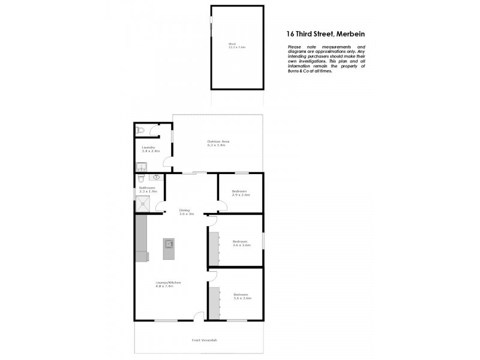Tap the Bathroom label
coord(148,189)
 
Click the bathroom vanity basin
coord(156,178)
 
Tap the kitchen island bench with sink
coord(169,248)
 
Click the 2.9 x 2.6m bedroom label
coord(241,193)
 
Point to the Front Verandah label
coord(204,340)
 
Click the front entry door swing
coord(199,316)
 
